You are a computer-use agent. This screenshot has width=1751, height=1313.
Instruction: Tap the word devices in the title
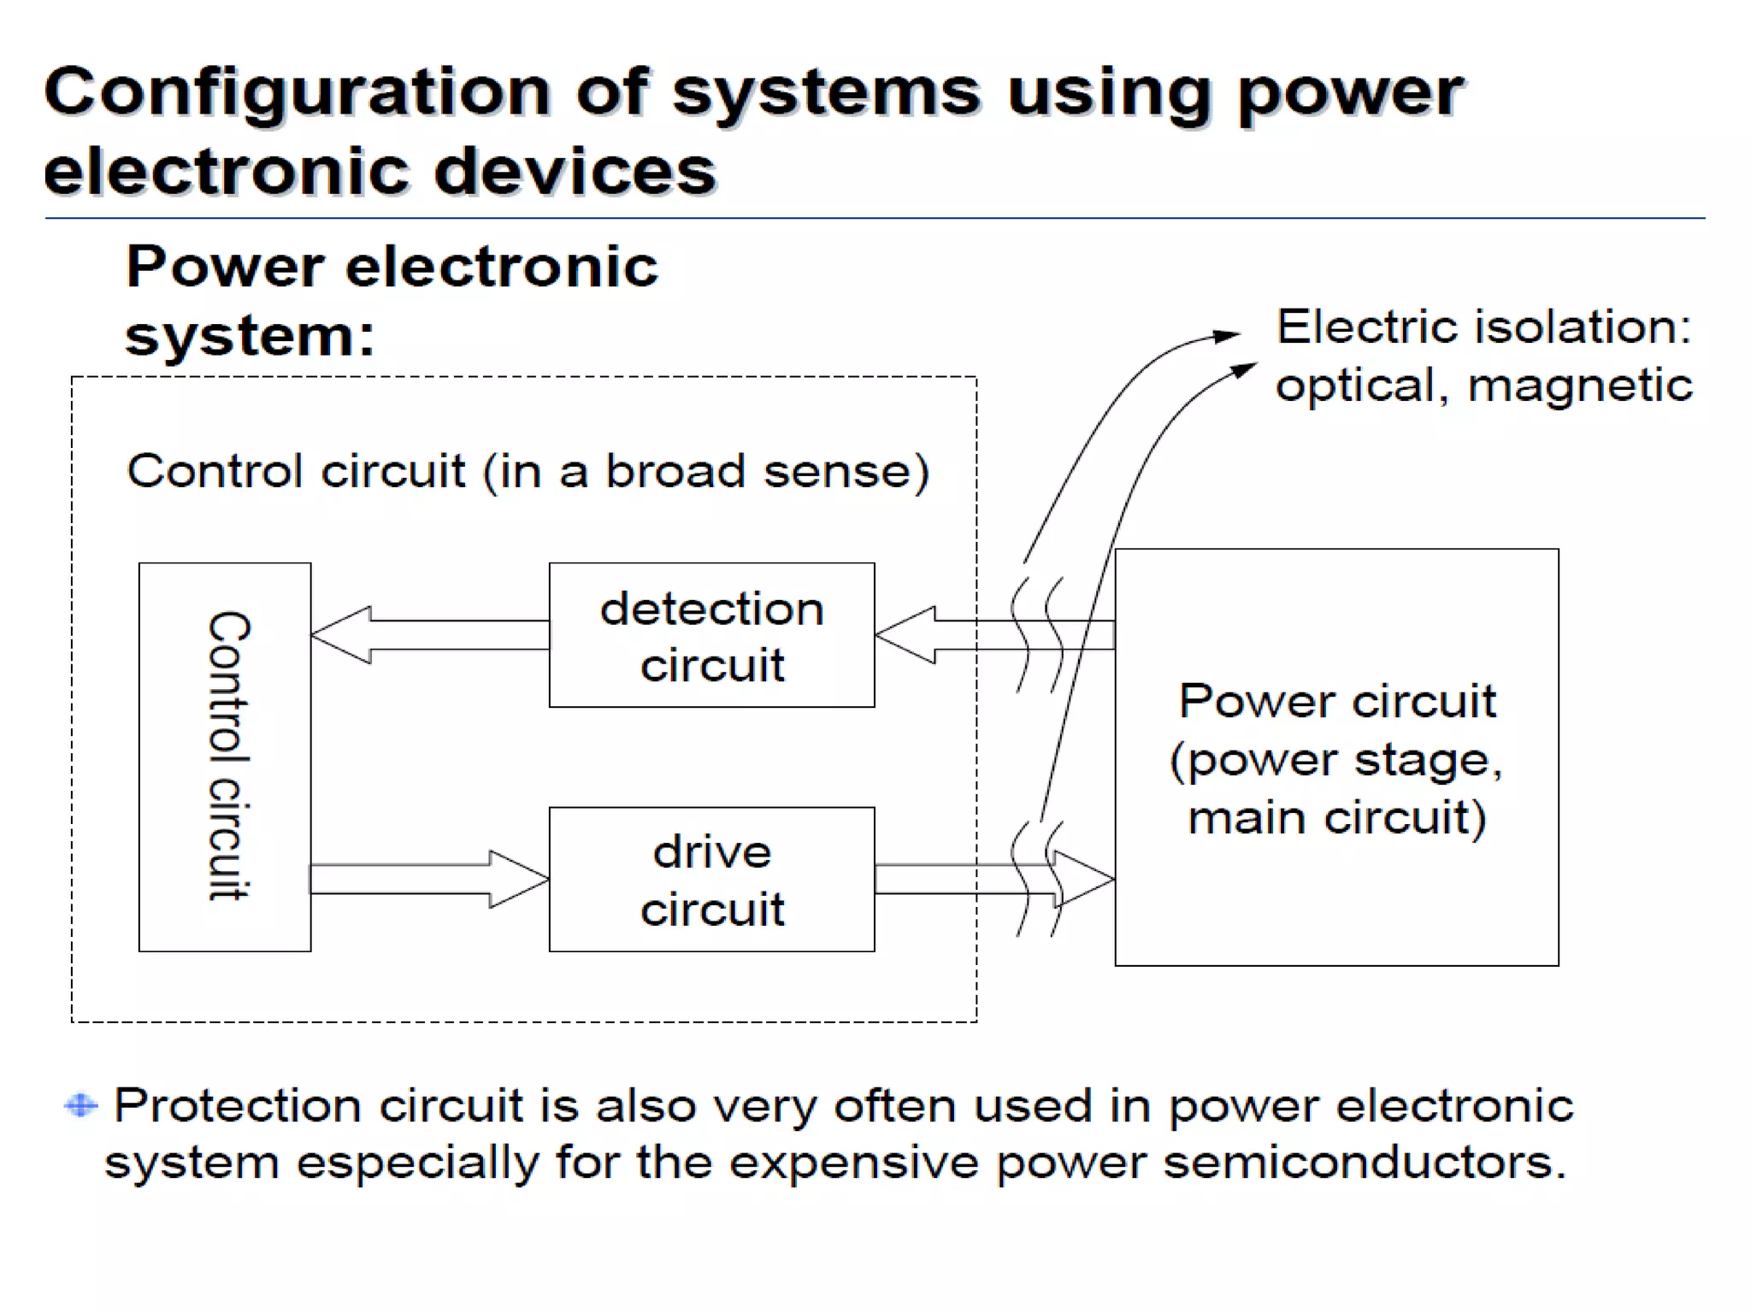click(575, 171)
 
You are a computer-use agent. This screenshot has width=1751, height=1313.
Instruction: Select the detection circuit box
click(711, 635)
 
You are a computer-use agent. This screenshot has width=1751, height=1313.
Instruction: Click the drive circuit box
click(711, 879)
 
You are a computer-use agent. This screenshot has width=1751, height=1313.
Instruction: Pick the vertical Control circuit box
click(226, 757)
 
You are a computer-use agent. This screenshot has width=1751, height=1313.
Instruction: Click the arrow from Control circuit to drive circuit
click(427, 879)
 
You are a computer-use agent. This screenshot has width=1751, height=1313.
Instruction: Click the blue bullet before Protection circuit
click(81, 1105)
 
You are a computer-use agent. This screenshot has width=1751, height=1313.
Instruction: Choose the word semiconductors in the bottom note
click(1365, 1163)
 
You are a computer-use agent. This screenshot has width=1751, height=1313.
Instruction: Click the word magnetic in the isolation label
click(1579, 385)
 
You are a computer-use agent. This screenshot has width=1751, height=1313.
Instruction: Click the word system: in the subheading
click(250, 336)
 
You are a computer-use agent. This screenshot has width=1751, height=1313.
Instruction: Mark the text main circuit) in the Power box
click(1336, 818)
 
